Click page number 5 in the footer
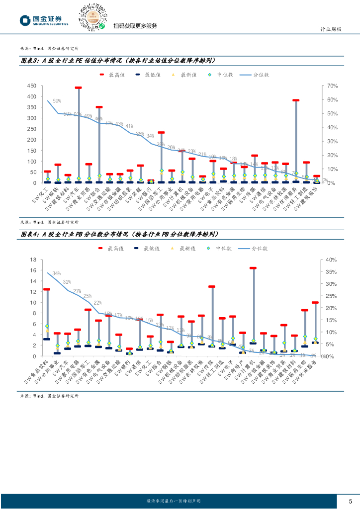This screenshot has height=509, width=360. (x=350, y=501)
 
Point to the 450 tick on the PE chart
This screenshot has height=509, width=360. (x=31, y=86)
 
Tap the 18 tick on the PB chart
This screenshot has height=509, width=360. (x=33, y=259)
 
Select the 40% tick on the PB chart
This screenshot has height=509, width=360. (x=330, y=259)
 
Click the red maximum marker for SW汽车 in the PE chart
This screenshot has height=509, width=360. (x=78, y=88)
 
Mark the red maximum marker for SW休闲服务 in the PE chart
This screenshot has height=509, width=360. (x=296, y=100)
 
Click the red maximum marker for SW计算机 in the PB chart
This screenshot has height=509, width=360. (x=253, y=268)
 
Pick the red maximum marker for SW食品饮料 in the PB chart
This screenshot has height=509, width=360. (x=47, y=289)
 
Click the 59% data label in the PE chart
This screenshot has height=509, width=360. (x=57, y=101)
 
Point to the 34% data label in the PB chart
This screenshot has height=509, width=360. (x=56, y=273)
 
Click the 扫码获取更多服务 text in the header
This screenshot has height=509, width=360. (x=135, y=26)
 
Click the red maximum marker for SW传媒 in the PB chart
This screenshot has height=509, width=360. (x=212, y=287)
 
